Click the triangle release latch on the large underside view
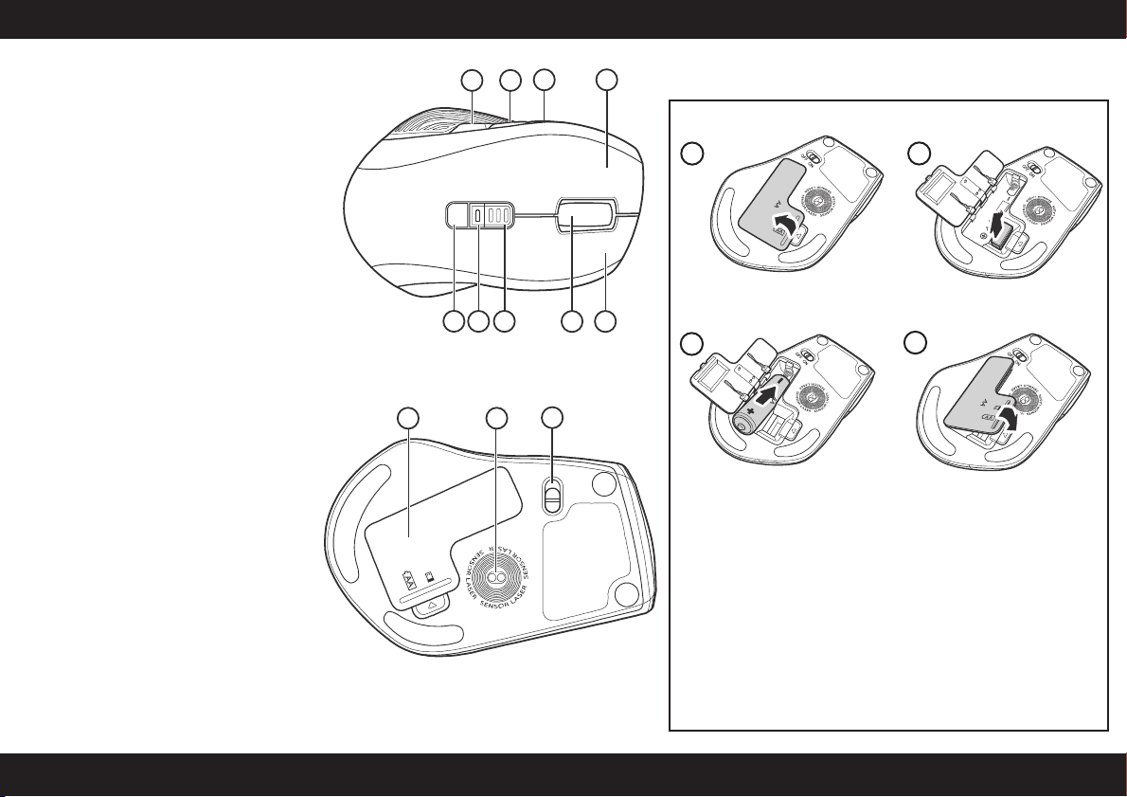pos(431,604)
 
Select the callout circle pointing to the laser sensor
pos(496,418)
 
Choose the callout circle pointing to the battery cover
pos(408,418)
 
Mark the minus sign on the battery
pos(784,382)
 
